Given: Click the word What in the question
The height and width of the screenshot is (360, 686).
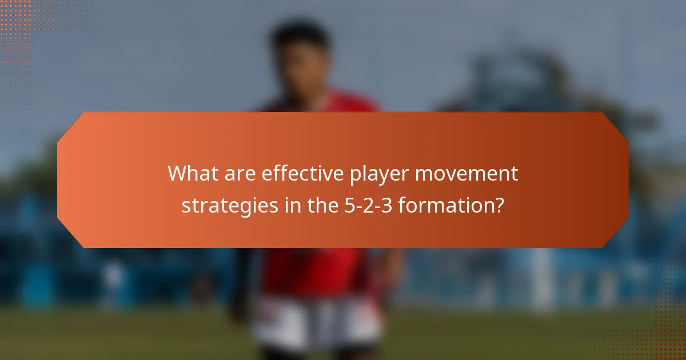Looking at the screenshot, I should point(190,174).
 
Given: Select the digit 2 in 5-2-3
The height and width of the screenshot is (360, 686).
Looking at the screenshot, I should point(363,205).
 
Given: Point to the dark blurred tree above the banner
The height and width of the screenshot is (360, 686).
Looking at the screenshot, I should point(503,86).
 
